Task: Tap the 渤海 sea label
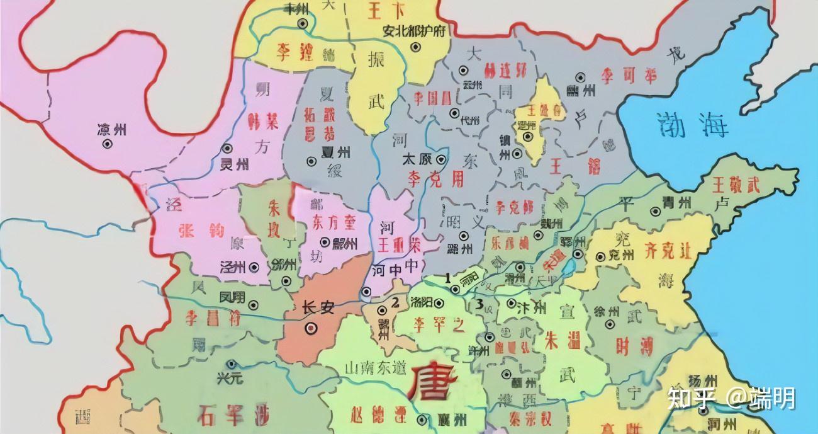(x=692, y=124)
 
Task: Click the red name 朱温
(x=552, y=343)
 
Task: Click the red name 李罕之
(x=439, y=325)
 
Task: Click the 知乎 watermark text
(x=686, y=398)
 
